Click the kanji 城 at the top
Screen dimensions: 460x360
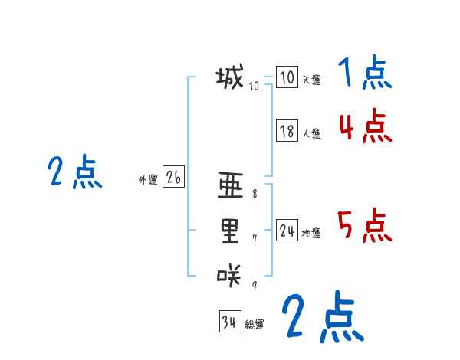(x=230, y=78)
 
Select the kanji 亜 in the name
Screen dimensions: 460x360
(x=230, y=186)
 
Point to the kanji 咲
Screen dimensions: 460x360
(x=230, y=275)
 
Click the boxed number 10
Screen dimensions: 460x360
(x=287, y=78)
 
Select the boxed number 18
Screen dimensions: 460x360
(x=287, y=131)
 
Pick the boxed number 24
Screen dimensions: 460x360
(x=287, y=231)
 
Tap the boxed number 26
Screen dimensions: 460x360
(x=173, y=178)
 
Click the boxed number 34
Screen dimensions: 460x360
(x=229, y=322)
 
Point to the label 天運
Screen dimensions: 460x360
(x=311, y=80)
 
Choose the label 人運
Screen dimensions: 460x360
(x=311, y=133)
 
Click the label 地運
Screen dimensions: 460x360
(x=311, y=233)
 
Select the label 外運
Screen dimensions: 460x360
(x=147, y=180)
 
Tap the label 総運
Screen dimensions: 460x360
(x=255, y=325)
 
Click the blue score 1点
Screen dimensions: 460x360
(x=364, y=74)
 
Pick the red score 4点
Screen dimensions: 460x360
(x=365, y=126)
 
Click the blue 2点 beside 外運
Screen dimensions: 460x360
(x=74, y=172)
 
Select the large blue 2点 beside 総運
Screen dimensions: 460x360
(x=321, y=316)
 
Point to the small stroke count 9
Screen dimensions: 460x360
(x=255, y=285)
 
